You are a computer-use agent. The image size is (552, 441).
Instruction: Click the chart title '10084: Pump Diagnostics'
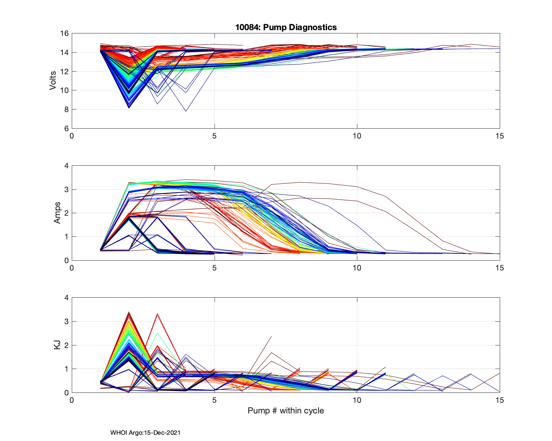coord(286,27)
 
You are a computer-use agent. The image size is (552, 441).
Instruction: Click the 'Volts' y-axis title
coord(53,81)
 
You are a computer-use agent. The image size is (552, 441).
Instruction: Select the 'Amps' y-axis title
coord(57,213)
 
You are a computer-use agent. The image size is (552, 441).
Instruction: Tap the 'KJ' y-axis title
coord(57,345)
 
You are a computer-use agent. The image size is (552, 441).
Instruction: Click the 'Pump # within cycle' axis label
coord(286,410)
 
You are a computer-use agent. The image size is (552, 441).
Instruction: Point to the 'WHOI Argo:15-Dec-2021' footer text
coord(145,433)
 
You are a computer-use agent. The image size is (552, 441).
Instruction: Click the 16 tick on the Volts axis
coord(64,33)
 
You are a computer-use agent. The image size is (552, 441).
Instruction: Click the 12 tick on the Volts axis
coord(64,72)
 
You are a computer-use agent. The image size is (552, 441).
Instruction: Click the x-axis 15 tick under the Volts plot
coord(499,136)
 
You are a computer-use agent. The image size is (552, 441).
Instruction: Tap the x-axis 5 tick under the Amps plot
coord(214,268)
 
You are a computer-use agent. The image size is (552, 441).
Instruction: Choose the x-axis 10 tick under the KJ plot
coord(357,400)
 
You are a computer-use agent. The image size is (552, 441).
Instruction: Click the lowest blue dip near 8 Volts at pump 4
coord(186,111)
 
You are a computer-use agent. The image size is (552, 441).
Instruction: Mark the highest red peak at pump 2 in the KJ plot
coord(129,312)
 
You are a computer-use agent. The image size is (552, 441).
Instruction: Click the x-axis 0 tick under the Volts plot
coord(72,136)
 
